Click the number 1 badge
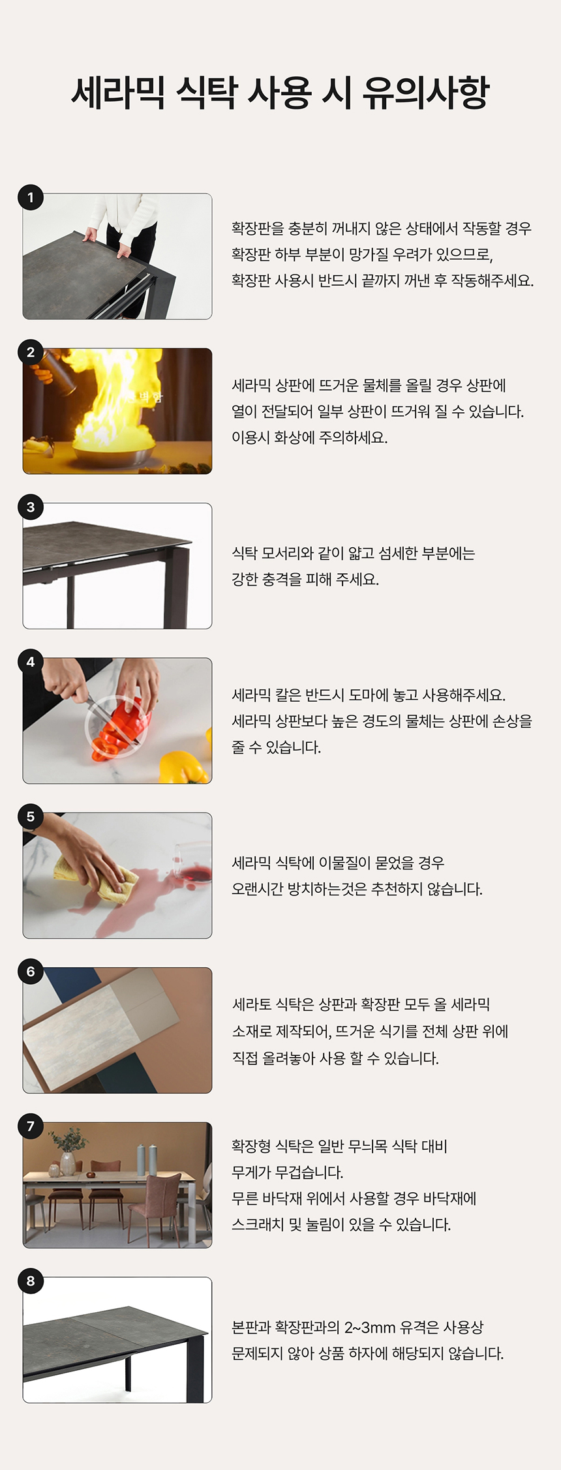[31, 198]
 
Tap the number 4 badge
[31, 662]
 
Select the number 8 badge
[31, 1281]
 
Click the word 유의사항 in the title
[426, 93]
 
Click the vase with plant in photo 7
[67, 1151]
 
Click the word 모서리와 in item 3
[288, 553]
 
